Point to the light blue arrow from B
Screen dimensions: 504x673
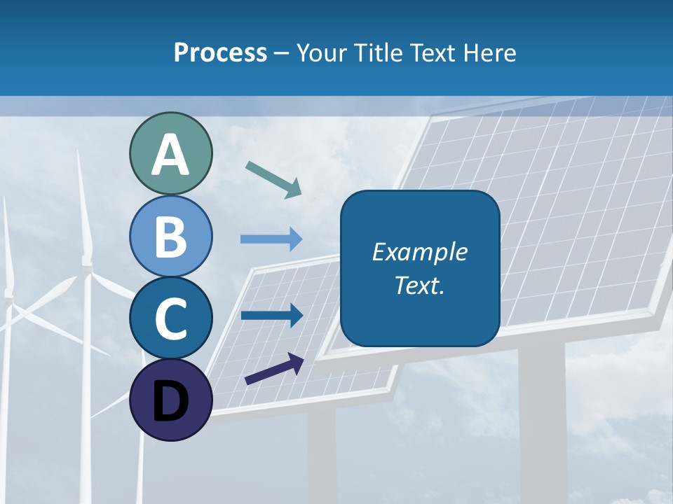click(x=271, y=239)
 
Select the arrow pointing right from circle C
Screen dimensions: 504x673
click(x=271, y=315)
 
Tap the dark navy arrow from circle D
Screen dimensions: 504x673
click(x=274, y=369)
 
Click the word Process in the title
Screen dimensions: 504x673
click(x=220, y=53)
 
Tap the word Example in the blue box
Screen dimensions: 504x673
click(x=419, y=252)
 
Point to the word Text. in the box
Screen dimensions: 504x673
click(x=419, y=286)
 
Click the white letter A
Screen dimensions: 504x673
click(x=170, y=155)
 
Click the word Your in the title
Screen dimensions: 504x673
click(x=321, y=53)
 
